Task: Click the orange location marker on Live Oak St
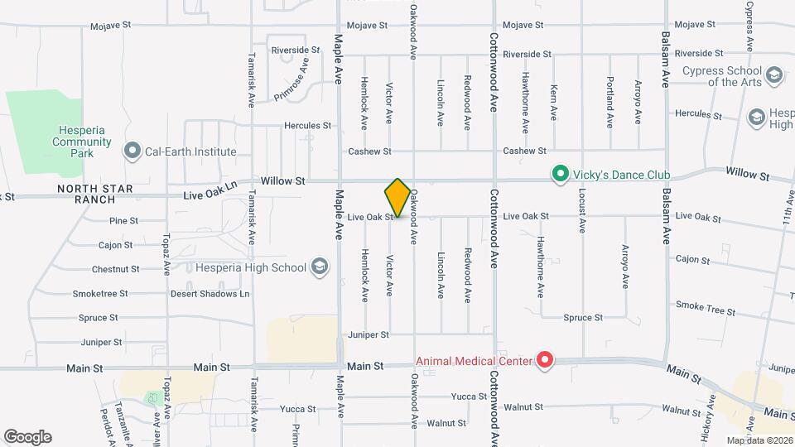click(397, 197)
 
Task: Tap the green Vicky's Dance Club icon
click(560, 175)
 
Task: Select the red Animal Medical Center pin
click(545, 360)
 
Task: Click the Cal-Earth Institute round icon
click(131, 151)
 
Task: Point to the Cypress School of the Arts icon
click(773, 75)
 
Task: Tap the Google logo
click(27, 436)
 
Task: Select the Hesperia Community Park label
click(82, 142)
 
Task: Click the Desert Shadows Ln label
click(210, 293)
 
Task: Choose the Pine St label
click(123, 221)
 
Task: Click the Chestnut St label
click(115, 269)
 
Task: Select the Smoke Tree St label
click(705, 308)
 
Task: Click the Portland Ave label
click(609, 102)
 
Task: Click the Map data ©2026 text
click(759, 440)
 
